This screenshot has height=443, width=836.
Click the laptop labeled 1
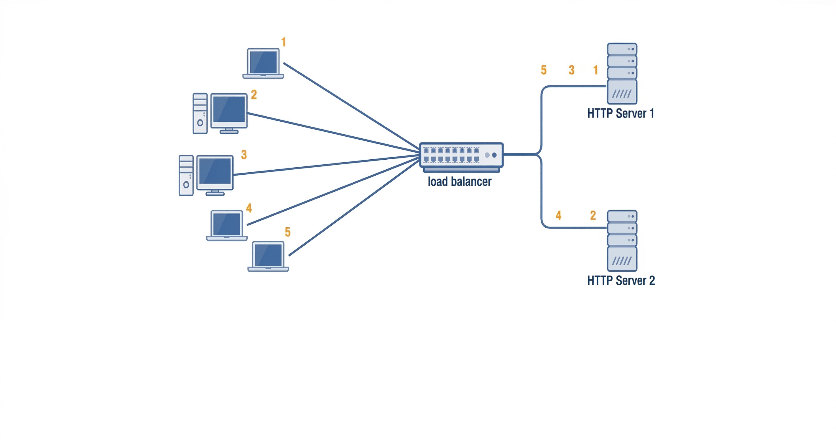[263, 63]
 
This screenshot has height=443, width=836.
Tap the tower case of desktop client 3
[186, 176]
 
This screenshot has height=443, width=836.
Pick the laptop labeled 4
[226, 225]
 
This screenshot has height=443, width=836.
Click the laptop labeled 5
[268, 256]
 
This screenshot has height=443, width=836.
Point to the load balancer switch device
[461, 155]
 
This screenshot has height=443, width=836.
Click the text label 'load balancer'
[459, 182]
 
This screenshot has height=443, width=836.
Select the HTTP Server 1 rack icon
[622, 74]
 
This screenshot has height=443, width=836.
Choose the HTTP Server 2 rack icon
[622, 241]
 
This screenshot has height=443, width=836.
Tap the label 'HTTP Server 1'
[620, 113]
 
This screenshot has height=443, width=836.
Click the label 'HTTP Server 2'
[621, 280]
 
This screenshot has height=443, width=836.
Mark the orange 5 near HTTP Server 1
[544, 70]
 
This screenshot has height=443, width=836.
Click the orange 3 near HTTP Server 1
[572, 70]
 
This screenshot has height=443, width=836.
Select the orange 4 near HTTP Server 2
[558, 215]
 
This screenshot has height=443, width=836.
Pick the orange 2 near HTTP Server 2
[593, 215]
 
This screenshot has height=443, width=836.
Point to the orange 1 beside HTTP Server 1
[595, 70]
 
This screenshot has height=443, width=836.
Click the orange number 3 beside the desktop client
[244, 155]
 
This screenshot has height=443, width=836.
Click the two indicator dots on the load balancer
[491, 155]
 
